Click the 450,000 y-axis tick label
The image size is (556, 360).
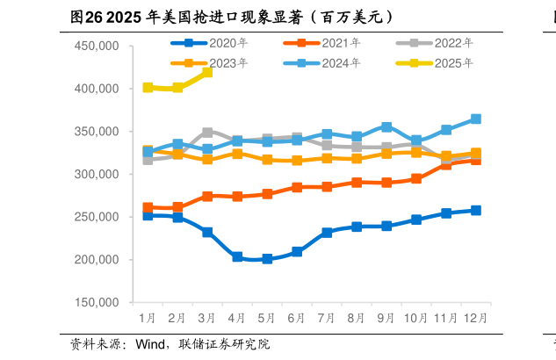97,46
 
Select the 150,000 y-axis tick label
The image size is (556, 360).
97,303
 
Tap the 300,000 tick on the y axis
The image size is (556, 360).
97,175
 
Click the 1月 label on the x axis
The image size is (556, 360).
148,316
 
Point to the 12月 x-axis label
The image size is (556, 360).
476,316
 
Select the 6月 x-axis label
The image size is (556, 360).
297,316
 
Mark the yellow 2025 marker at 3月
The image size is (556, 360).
207,72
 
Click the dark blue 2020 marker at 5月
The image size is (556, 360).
267,259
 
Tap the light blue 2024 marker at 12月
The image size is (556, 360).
476,119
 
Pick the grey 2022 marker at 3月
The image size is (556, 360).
207,133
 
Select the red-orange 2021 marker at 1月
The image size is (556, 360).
148,208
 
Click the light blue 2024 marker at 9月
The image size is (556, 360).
386,127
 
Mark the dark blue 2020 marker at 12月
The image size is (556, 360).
476,210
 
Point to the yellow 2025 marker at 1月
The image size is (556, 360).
148,88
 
